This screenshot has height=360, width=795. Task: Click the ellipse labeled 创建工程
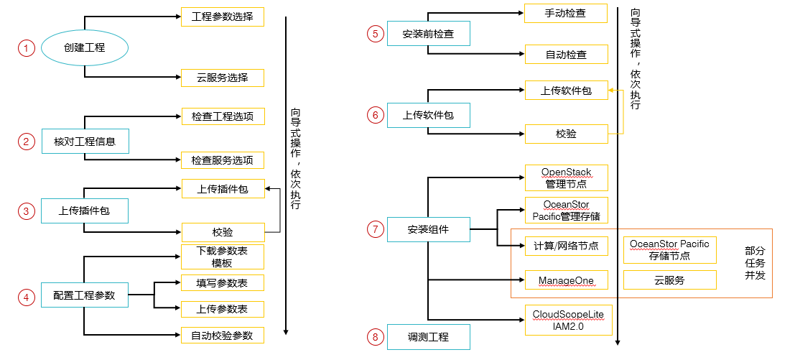tap(85, 48)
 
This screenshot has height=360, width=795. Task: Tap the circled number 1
tap(27, 48)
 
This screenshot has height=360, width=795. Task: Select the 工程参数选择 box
tap(222, 17)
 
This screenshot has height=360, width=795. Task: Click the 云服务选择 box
tap(222, 78)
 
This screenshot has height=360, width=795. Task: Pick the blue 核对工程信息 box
tap(85, 141)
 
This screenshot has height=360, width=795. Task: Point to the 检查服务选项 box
tap(222, 160)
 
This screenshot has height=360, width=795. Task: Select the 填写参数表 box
tap(222, 283)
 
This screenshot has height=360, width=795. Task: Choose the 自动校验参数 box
tap(222, 335)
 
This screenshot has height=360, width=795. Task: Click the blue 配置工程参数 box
tap(85, 295)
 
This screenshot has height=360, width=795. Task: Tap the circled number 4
tap(27, 297)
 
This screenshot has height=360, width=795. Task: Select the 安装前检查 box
tap(429, 34)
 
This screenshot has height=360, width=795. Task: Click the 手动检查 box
tap(566, 13)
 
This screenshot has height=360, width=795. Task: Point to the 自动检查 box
tap(566, 54)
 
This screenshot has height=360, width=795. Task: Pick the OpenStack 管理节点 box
tap(566, 177)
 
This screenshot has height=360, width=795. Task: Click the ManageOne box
tap(566, 280)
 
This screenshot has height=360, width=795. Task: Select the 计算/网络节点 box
tap(566, 246)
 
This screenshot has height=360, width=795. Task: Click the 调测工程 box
tap(429, 336)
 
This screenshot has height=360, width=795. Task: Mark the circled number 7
tap(374, 229)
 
